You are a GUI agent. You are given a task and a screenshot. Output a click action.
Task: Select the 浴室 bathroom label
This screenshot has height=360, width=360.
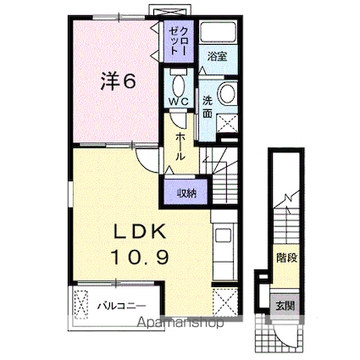click(217, 57)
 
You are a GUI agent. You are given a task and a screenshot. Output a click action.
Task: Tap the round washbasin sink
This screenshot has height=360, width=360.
click(227, 93)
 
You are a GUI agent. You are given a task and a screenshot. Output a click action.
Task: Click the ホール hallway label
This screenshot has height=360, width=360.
click(180, 144)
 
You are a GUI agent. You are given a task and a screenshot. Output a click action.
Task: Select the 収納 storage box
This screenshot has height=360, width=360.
click(186, 192)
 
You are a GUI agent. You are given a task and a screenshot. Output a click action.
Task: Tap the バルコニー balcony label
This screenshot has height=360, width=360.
click(120, 304)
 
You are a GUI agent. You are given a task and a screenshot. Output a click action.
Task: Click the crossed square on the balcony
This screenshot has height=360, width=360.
click(81, 304)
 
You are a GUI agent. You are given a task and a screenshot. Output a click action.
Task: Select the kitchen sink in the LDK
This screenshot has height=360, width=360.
click(223, 239)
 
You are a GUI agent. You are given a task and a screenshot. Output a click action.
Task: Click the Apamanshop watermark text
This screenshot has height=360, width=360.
click(174, 323)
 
